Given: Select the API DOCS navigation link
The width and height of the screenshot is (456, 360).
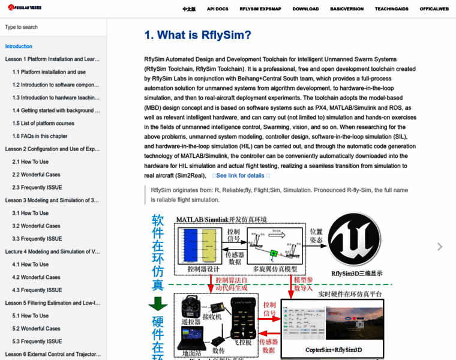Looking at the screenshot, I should pos(217,10).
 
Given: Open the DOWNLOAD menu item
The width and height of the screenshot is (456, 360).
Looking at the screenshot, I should pos(305,10).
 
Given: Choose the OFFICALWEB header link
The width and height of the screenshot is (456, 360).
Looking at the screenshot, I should pos(434,10).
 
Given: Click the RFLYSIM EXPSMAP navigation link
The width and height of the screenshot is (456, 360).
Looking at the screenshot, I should pos(260,10).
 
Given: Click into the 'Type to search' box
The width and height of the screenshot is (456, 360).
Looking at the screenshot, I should pos(53,27).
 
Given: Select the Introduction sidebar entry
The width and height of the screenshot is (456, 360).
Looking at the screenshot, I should pos(19,46).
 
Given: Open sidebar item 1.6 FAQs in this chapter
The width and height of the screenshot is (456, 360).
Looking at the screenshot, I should pos(40,136).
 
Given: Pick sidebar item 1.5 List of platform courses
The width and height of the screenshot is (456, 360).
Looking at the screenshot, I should pos(43,124).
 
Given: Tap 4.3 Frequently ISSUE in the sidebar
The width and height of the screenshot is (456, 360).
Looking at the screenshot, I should pos(37,290).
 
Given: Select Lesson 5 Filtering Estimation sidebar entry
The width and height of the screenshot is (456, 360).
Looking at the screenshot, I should pos(52,303).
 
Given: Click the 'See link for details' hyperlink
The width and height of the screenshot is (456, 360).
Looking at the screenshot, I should pos(240,176).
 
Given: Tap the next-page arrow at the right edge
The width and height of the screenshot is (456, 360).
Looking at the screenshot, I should pos(440,246).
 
